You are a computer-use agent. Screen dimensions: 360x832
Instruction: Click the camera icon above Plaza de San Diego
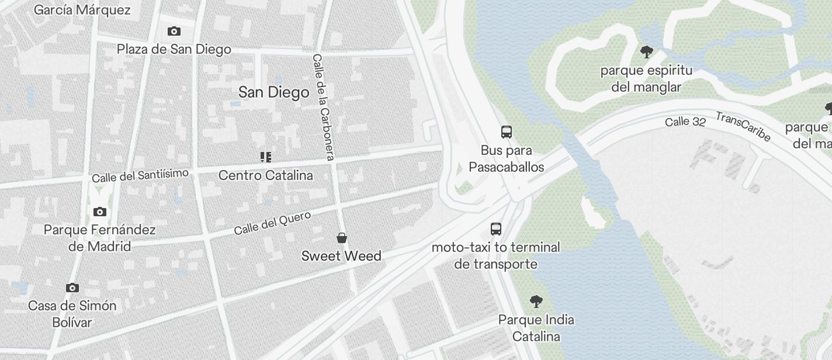tap(174, 32)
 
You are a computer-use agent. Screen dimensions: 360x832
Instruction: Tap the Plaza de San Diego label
tap(174, 49)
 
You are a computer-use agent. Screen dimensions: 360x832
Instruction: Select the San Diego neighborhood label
tap(273, 92)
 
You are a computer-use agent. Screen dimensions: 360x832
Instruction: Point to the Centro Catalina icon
tap(266, 157)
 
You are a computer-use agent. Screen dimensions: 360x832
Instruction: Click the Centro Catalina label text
tap(266, 175)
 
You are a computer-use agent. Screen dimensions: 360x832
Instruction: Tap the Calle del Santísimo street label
tap(140, 175)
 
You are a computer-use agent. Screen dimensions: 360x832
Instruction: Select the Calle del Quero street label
tap(272, 223)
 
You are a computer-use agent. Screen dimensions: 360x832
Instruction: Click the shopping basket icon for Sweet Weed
tap(342, 238)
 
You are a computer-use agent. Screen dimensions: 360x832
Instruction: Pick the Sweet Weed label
tap(341, 256)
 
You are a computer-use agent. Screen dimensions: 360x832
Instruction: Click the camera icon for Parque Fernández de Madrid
tap(100, 212)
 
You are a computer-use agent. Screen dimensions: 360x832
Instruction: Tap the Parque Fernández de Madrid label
tap(100, 238)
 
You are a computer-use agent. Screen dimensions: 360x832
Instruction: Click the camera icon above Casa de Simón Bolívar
tap(72, 288)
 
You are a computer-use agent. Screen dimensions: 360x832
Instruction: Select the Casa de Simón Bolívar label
tap(72, 314)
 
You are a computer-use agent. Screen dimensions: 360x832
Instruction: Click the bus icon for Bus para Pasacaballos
tap(507, 132)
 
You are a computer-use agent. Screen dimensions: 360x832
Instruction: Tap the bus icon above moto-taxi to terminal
tap(496, 229)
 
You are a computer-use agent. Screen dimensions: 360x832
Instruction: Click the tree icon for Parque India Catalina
tap(536, 302)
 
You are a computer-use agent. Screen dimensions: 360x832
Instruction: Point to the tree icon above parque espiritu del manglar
tap(646, 53)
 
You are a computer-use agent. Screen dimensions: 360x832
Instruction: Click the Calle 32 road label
tap(685, 122)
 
